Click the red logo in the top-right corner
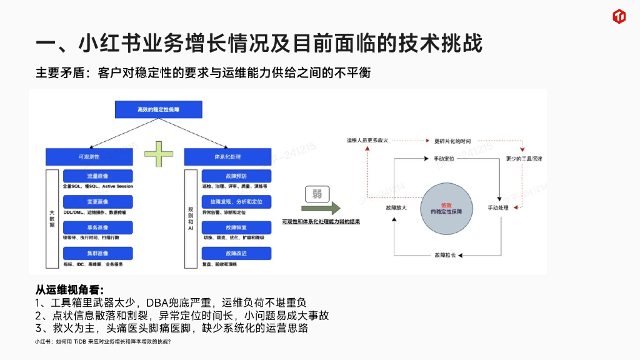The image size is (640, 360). pyautogui.click(x=620, y=17)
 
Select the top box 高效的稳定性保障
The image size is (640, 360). pyautogui.click(x=158, y=109)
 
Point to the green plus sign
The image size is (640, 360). pyautogui.click(x=158, y=154)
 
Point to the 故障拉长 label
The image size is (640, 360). pyautogui.click(x=445, y=256)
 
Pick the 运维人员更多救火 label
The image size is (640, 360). pyautogui.click(x=367, y=141)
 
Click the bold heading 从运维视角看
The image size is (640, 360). pyautogui.click(x=69, y=289)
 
